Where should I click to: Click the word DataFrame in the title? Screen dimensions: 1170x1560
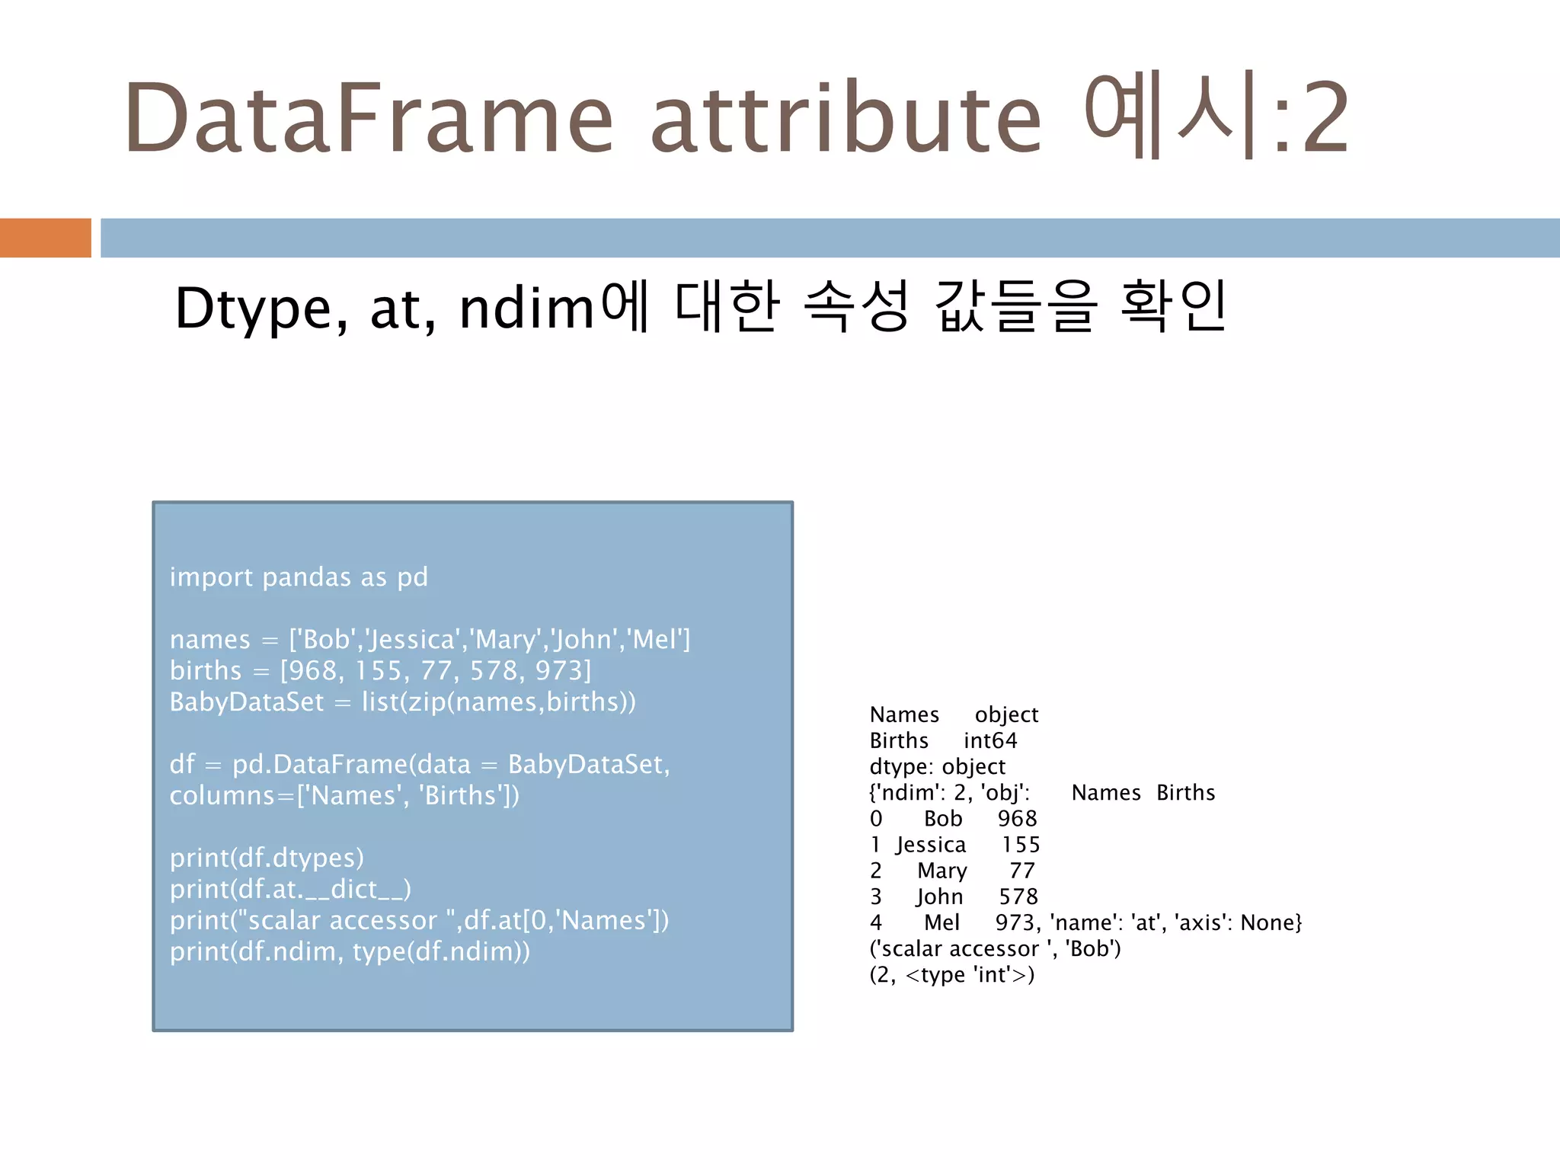pyautogui.click(x=369, y=118)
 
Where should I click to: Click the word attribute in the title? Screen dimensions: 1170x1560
pyautogui.click(x=846, y=118)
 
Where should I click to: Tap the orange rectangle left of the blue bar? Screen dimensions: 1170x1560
pyautogui.click(x=45, y=238)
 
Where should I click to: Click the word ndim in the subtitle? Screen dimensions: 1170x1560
pyautogui.click(x=526, y=308)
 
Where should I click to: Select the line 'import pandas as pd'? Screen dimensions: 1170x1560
pyautogui.click(x=299, y=577)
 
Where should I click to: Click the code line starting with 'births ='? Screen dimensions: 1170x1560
pyautogui.click(x=380, y=670)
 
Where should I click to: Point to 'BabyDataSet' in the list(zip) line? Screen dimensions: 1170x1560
pyautogui.click(x=247, y=702)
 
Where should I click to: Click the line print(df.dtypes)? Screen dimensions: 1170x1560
pyautogui.click(x=267, y=858)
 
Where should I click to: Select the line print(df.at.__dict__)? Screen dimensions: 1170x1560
pyautogui.click(x=290, y=889)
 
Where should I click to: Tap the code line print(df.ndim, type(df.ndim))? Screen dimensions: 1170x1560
pyautogui.click(x=350, y=951)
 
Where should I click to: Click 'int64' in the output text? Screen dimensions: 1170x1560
pyautogui.click(x=990, y=740)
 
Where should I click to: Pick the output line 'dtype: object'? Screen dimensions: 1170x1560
pyautogui.click(x=938, y=766)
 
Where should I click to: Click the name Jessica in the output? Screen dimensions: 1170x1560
pyautogui.click(x=931, y=845)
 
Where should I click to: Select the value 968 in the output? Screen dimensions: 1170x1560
pyautogui.click(x=1018, y=819)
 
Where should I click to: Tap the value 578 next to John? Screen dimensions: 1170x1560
pyautogui.click(x=1018, y=897)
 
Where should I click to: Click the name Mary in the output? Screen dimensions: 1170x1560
pyautogui.click(x=942, y=871)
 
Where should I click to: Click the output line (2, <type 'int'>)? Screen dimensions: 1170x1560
pyautogui.click(x=952, y=975)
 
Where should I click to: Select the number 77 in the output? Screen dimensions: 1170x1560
pyautogui.click(x=1022, y=871)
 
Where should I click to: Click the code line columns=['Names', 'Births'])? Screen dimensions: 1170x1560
pyautogui.click(x=344, y=795)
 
